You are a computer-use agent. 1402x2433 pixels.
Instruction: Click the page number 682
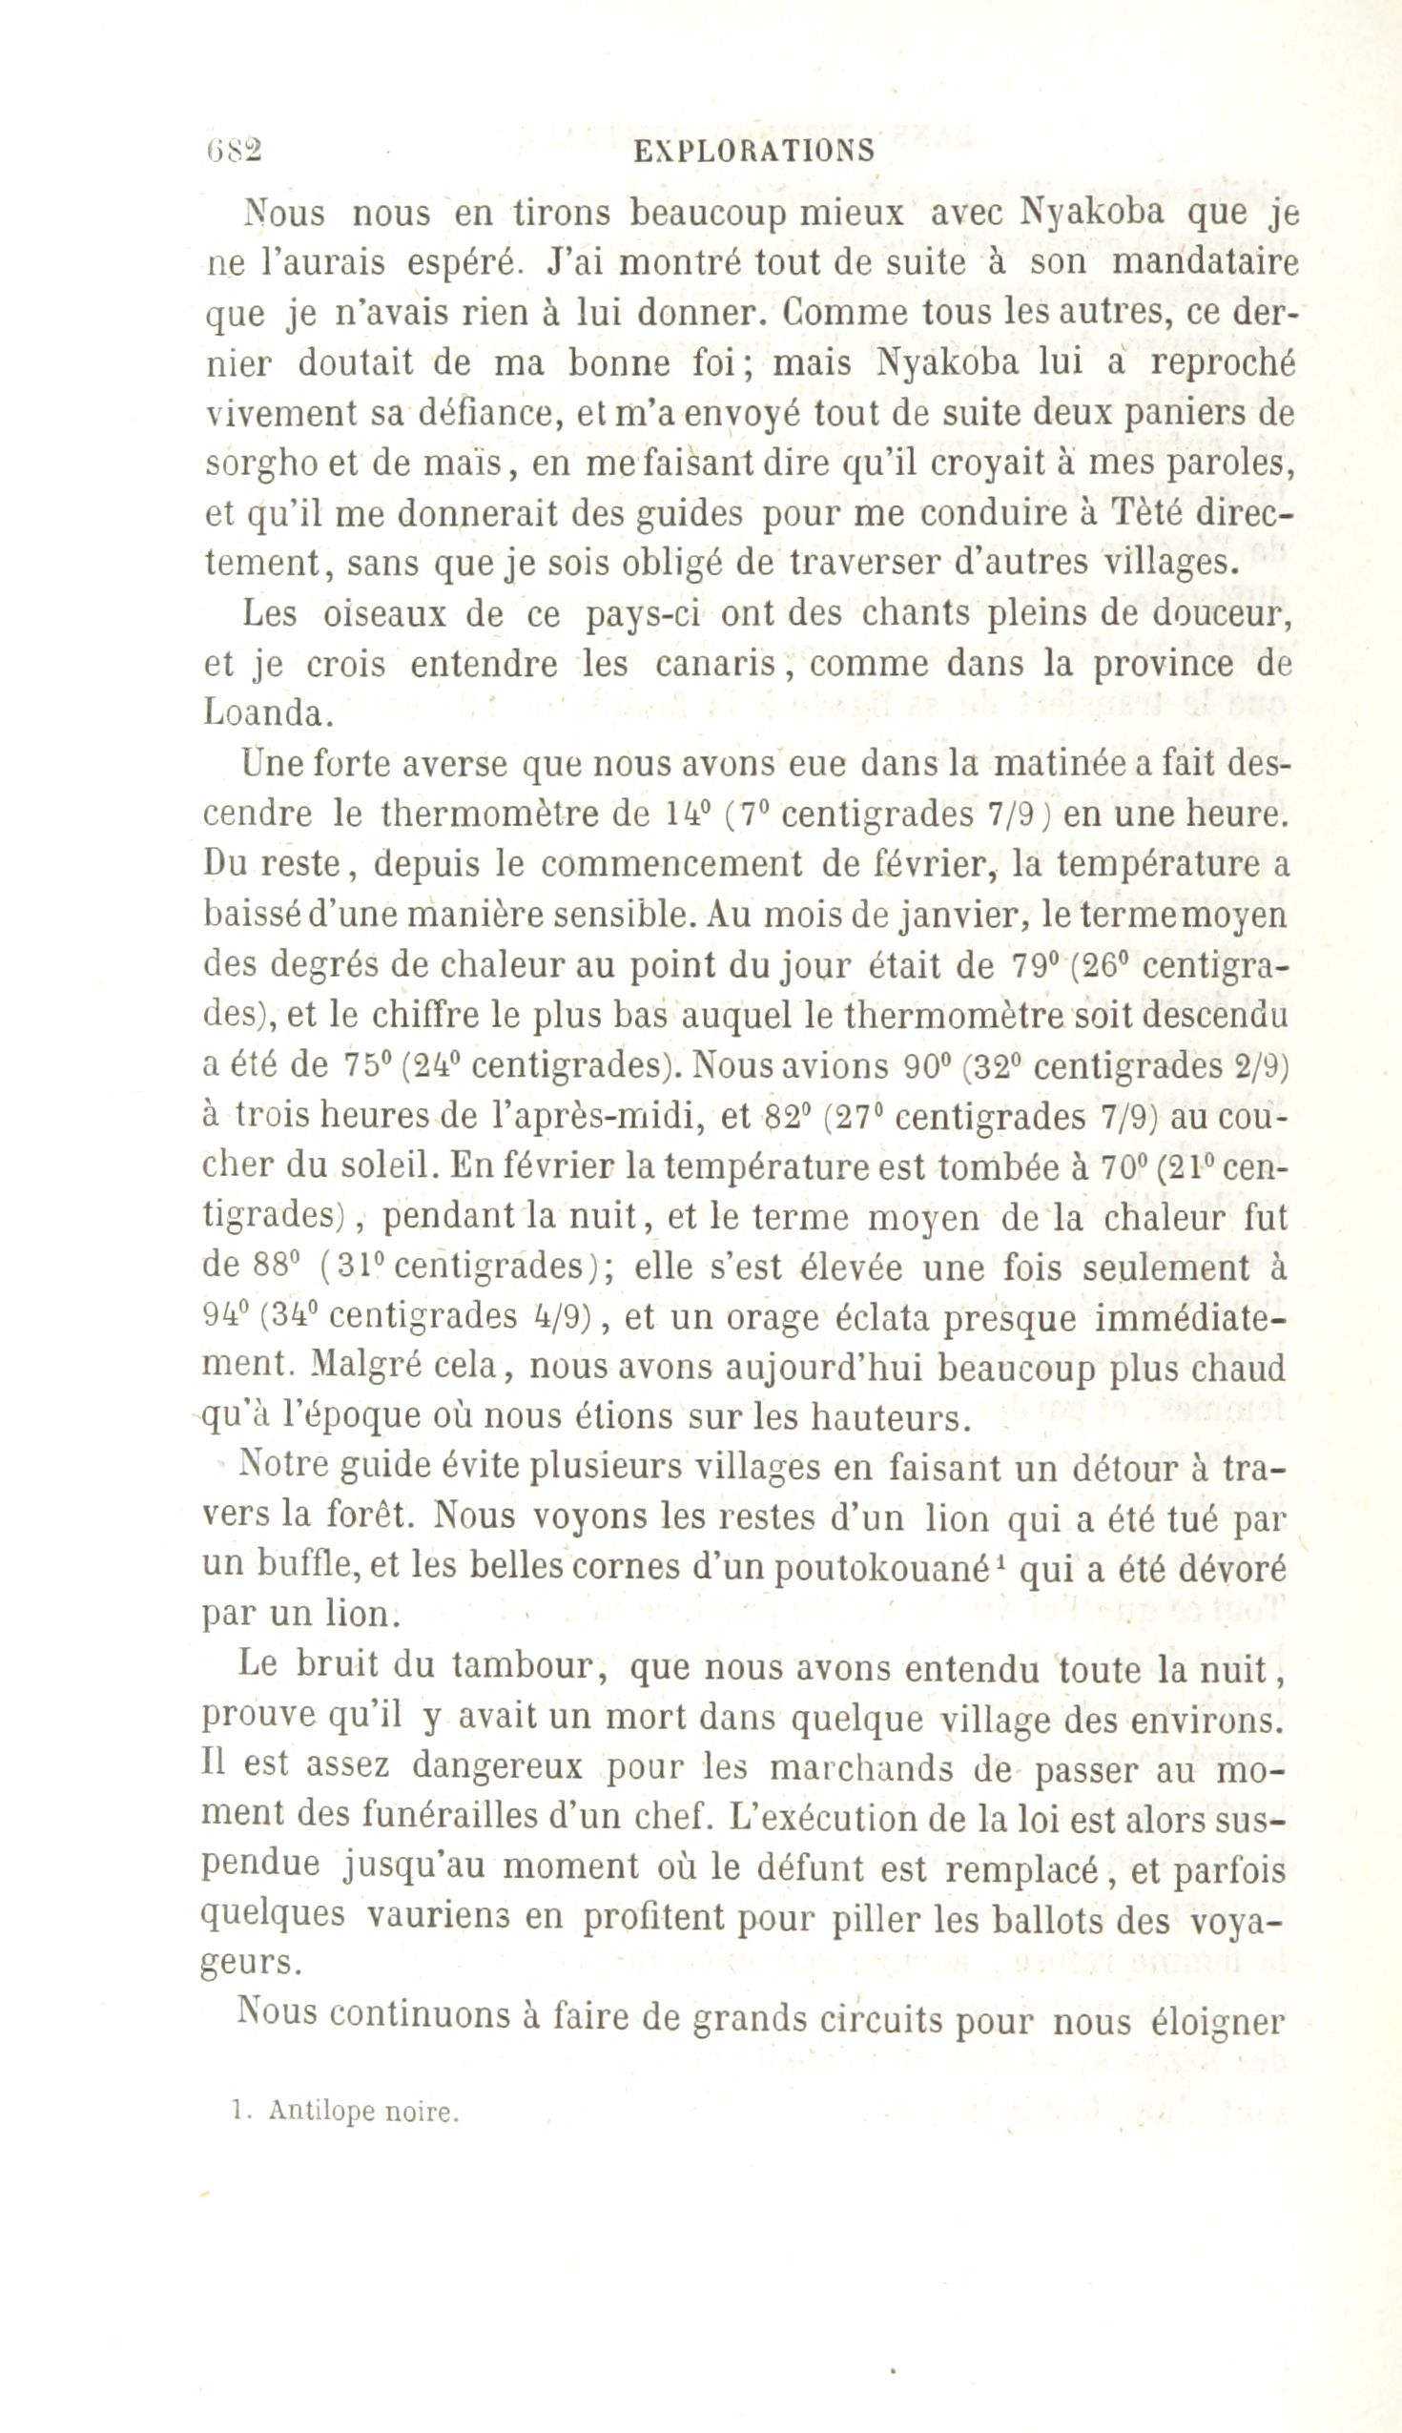[232, 149]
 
